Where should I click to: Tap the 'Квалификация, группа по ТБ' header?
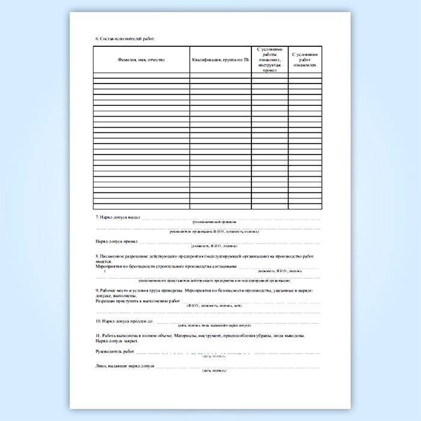pyautogui.click(x=220, y=60)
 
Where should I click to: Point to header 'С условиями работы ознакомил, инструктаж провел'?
pyautogui.click(x=269, y=60)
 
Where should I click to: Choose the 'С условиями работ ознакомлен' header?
pyautogui.click(x=304, y=60)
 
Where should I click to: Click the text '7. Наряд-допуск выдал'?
pyautogui.click(x=118, y=217)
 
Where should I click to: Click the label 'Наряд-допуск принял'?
pyautogui.click(x=117, y=241)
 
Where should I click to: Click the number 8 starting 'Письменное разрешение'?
pyautogui.click(x=97, y=256)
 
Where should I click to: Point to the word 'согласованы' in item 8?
pyautogui.click(x=223, y=265)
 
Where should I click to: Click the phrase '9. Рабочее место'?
pyautogui.click(x=113, y=290)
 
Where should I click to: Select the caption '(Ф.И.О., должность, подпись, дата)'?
pyautogui.click(x=213, y=306)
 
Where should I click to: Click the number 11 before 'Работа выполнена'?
pyautogui.click(x=97, y=334)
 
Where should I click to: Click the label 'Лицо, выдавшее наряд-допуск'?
pyautogui.click(x=124, y=366)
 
